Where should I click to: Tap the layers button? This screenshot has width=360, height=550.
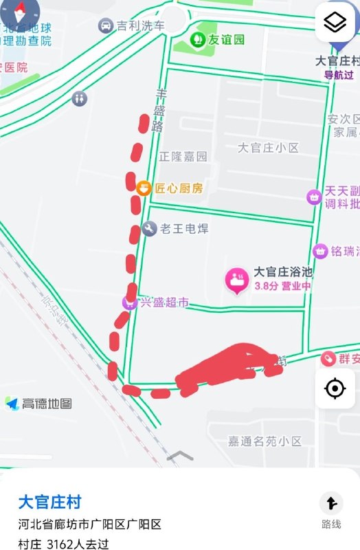coord(335,23)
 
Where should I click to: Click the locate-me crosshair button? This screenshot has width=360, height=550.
coord(335,389)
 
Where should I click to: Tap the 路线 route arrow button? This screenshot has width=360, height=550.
coord(331,504)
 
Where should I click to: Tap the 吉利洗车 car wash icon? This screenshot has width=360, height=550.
coord(106,26)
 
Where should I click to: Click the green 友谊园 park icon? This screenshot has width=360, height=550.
coord(198,39)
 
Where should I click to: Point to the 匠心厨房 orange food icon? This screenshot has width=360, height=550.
coord(144,188)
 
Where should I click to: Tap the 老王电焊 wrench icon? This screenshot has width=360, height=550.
coord(149,228)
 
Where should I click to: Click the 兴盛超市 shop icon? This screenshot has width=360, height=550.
coord(129,302)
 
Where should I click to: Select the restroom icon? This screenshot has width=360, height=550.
coord(80,98)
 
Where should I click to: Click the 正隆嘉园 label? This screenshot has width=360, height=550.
coord(183,157)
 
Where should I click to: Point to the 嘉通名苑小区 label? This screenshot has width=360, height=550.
coord(265,441)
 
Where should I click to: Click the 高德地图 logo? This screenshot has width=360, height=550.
coord(39,404)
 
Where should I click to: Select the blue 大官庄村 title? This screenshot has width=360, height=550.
coord(49,501)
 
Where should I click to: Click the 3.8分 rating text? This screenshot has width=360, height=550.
coord(266,287)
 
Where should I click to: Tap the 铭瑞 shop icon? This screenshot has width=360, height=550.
coord(319,252)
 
